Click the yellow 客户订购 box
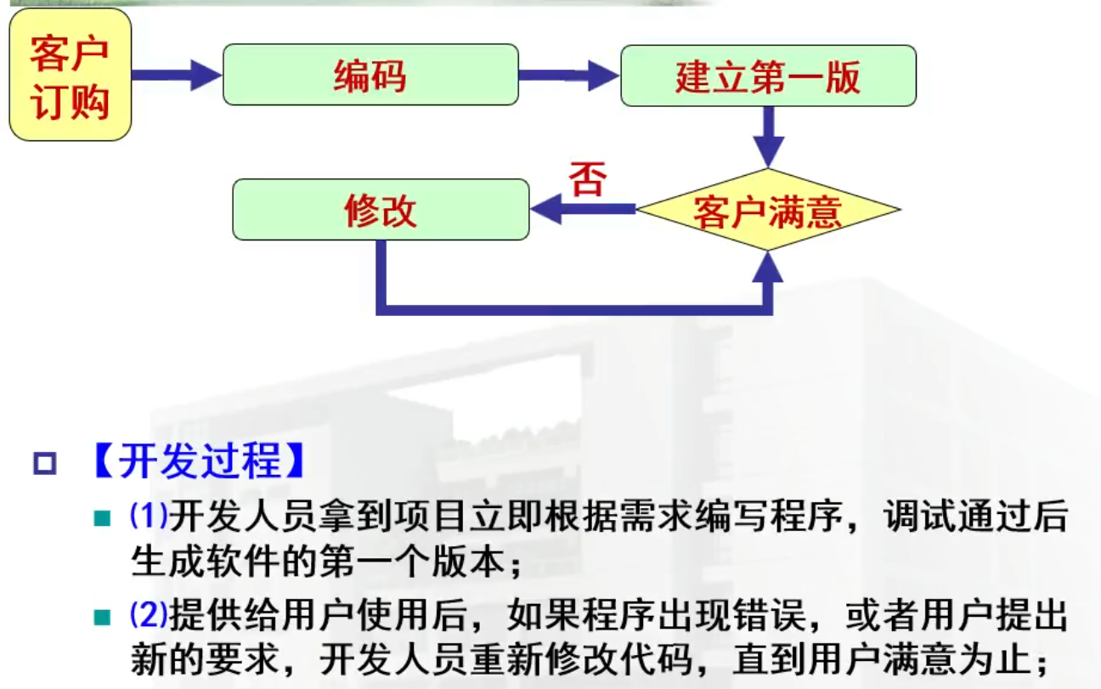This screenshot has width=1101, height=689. (x=71, y=76)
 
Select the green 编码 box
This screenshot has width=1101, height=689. (x=370, y=76)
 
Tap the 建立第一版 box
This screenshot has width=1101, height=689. (x=768, y=76)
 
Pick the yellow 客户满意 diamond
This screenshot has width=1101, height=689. (x=768, y=210)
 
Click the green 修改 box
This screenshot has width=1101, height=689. (x=381, y=210)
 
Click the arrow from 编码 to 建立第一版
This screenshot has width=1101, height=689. (x=568, y=76)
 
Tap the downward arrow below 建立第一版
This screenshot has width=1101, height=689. (x=769, y=136)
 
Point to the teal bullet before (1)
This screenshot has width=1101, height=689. (x=103, y=517)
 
